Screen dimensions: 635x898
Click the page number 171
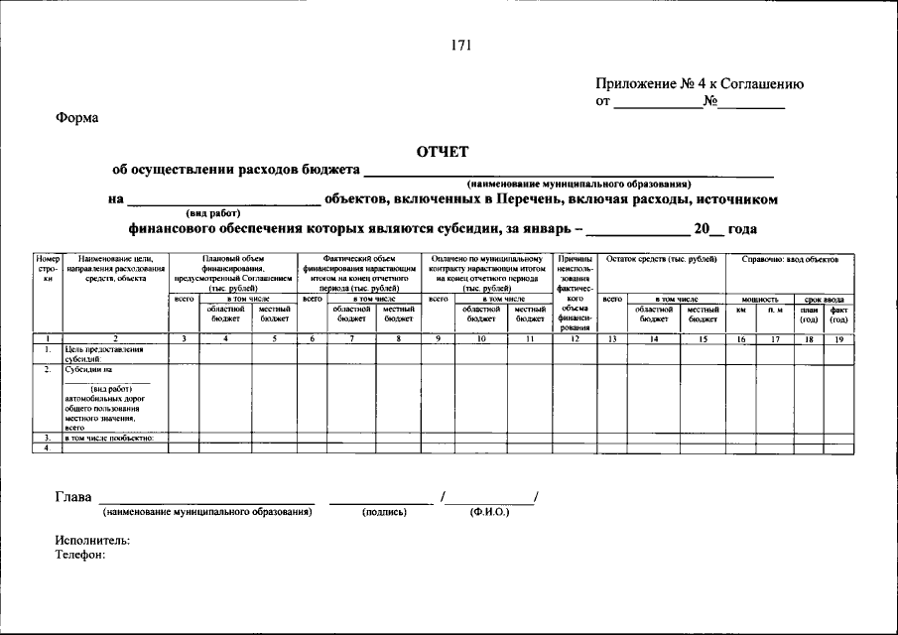point(460,46)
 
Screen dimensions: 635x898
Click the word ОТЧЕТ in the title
point(442,151)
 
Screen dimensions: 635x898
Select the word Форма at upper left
point(76,118)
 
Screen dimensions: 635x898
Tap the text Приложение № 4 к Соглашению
point(700,84)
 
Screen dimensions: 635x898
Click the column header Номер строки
point(49,269)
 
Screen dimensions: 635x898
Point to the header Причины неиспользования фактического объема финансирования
point(576,293)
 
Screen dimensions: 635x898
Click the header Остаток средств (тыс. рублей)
point(662,259)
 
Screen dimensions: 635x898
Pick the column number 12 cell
point(576,338)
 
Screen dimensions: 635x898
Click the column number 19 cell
point(838,338)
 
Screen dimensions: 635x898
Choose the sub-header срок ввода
point(825,299)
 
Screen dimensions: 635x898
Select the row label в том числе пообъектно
point(109,439)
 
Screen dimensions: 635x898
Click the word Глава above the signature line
point(73,497)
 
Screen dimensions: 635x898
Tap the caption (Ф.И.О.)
point(489,513)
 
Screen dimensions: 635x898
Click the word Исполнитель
point(92,541)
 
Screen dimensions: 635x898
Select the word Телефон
point(80,555)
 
